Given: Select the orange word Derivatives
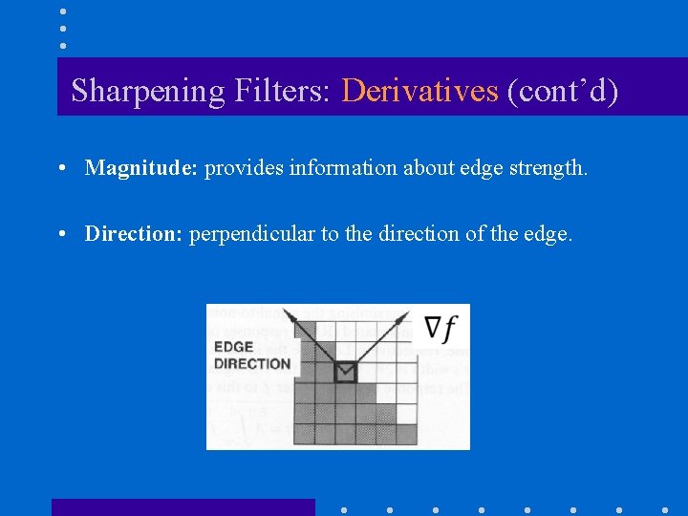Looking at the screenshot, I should click(419, 91).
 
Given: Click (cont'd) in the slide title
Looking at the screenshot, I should click(563, 91).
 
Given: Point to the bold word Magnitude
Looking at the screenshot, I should click(140, 168).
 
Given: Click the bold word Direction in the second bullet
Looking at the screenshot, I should click(133, 233).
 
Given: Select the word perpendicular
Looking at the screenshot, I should click(251, 233).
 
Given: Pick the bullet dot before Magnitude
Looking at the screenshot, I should click(60, 168).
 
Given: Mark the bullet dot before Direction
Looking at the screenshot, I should click(60, 233).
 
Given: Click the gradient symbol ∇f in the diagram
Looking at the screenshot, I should click(441, 329).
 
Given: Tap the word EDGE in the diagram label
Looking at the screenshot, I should click(233, 347).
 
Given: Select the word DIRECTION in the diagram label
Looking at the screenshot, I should click(252, 363).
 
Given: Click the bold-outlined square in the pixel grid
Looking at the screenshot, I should click(345, 372).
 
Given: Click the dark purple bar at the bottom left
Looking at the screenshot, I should click(183, 507).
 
